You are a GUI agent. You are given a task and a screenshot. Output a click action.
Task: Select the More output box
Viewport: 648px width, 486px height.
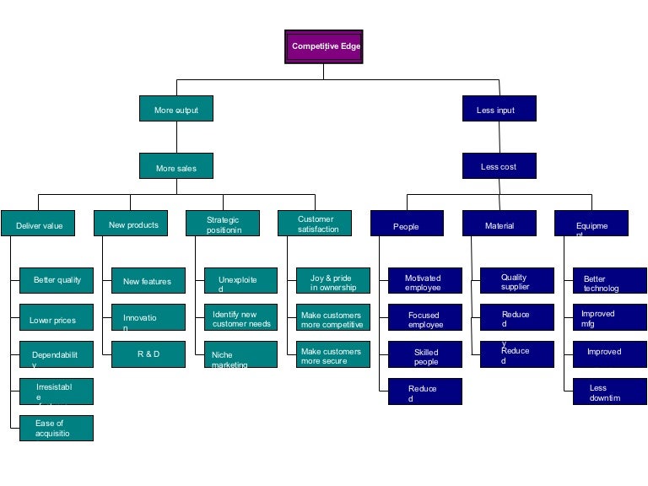[175, 109]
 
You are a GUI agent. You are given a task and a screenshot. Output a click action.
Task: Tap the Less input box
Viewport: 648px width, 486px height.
[499, 109]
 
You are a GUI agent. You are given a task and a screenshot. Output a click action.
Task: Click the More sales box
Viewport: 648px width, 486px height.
[175, 166]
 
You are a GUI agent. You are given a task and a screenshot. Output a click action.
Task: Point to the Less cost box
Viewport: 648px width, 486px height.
[499, 166]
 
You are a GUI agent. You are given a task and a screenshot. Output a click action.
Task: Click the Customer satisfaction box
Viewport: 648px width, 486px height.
[315, 224]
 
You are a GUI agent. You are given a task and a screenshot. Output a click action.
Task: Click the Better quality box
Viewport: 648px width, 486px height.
[57, 280]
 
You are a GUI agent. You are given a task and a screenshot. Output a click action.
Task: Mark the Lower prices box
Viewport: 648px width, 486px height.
[57, 320]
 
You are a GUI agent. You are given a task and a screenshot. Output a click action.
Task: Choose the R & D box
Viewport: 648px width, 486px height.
[148, 354]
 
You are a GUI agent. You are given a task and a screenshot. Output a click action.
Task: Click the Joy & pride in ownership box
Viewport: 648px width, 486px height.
[333, 281]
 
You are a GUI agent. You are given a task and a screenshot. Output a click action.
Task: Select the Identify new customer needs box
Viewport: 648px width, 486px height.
[240, 318]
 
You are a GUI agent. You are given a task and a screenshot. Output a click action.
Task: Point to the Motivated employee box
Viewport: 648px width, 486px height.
[425, 281]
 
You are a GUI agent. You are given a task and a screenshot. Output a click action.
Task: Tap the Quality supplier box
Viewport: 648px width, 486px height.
[517, 281]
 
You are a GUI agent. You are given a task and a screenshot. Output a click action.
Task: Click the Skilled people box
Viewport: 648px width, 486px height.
[425, 355]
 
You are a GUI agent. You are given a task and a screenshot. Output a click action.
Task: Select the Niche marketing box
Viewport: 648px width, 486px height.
[240, 355]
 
